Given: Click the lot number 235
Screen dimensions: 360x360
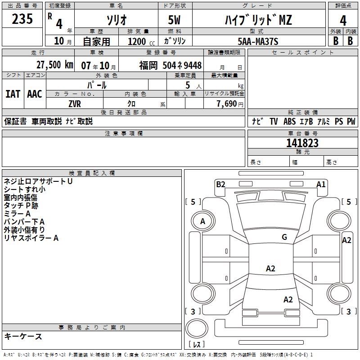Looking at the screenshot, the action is [x=22, y=19].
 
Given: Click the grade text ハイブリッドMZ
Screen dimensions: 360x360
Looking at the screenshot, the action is [x=258, y=20].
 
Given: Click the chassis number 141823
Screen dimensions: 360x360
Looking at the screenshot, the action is [x=302, y=143].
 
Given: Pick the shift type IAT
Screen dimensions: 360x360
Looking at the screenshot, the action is [x=13, y=94].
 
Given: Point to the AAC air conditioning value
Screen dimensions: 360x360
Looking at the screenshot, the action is [x=34, y=94].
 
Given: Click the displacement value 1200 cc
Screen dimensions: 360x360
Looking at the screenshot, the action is [x=137, y=41].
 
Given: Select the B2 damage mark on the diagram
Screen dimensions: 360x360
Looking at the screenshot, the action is [x=220, y=184].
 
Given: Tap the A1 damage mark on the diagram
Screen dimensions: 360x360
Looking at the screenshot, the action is [x=321, y=184].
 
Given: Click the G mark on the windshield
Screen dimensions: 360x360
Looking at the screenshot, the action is [x=284, y=237].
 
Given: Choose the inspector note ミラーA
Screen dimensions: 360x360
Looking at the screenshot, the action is [x=17, y=214].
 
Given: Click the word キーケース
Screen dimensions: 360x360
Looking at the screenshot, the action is [x=23, y=337].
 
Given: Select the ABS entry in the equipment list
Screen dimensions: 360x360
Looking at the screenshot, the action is [x=290, y=121].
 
